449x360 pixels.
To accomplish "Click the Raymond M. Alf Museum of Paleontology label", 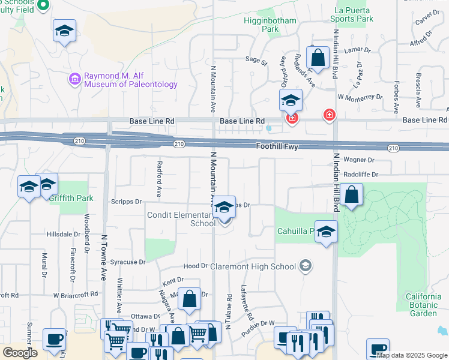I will point(131,80).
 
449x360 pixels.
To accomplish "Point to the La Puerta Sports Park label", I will point(354,14).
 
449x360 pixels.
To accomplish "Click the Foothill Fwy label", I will point(277,146).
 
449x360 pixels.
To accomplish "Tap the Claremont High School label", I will point(262,266).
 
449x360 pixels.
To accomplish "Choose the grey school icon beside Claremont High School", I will point(306,266).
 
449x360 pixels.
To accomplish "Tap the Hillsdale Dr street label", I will point(63,234).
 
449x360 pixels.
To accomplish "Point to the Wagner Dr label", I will point(360,160).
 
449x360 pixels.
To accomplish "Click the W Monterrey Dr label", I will point(360,97).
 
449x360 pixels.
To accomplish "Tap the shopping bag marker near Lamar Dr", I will point(318,58).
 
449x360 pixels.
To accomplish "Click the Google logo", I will point(20,352).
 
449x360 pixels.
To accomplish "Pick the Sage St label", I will point(256,60).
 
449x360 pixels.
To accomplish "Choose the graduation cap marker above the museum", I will point(64,31).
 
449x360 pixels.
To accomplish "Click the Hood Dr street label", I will point(195,266).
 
